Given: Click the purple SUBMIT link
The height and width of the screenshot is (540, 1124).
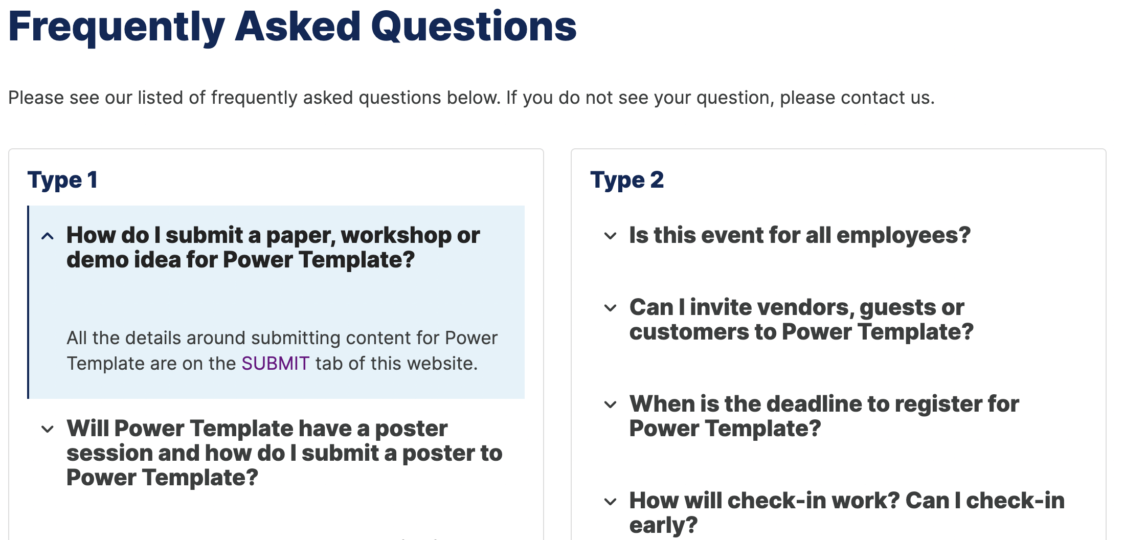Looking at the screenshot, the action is click(x=275, y=364).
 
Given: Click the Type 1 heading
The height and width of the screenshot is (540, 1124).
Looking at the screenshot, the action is click(x=62, y=180).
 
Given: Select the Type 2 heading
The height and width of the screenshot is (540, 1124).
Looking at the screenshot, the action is click(x=627, y=180).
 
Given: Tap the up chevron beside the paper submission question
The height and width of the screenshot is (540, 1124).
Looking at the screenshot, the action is click(x=48, y=236).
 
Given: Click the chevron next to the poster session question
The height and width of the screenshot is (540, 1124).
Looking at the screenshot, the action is click(x=48, y=429).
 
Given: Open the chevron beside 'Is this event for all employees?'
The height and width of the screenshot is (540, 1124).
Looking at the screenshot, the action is click(x=610, y=236).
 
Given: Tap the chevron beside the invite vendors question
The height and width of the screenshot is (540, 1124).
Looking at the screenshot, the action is click(x=610, y=308).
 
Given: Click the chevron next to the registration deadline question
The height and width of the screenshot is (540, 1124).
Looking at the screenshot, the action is click(x=610, y=404).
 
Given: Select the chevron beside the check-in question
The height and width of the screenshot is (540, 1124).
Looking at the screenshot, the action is click(x=610, y=501).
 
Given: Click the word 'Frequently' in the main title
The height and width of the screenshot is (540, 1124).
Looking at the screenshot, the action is click(x=117, y=28).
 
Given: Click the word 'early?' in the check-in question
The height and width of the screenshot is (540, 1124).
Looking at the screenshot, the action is click(x=663, y=526).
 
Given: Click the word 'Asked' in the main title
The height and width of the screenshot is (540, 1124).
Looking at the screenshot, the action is click(x=298, y=27).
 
